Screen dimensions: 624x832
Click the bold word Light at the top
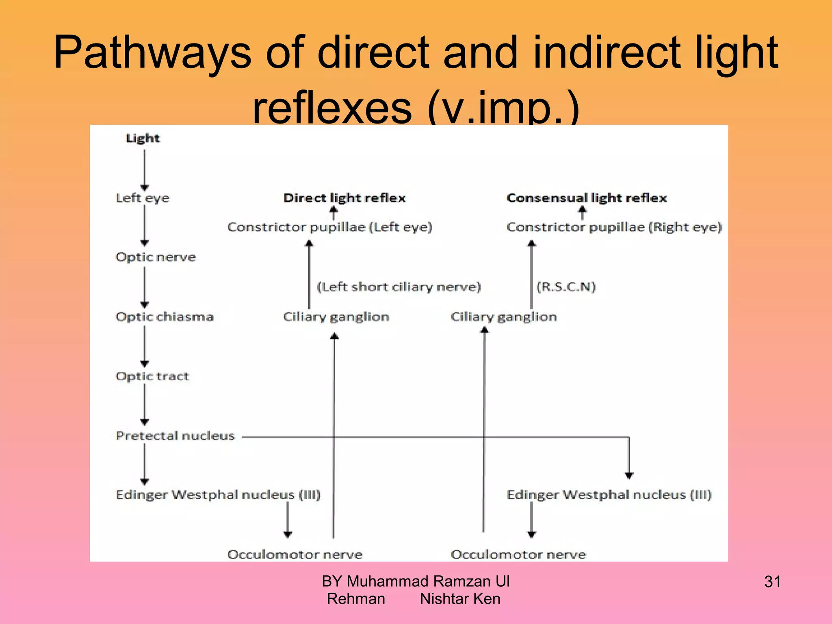pos(143,138)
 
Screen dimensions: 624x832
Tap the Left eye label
pos(143,198)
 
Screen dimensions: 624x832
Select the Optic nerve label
pos(156,257)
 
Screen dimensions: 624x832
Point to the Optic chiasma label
pos(165,316)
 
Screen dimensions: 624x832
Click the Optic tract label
pos(152,376)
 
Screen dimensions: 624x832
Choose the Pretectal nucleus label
pos(175,436)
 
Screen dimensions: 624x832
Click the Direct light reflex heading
pos(344,198)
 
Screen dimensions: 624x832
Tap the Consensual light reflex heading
pos(587,198)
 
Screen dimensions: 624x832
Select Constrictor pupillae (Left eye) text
pos(329,227)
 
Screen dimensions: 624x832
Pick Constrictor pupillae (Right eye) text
pos(614,227)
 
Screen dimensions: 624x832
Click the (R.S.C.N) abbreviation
pos(566,286)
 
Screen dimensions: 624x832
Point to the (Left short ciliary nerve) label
pos(399,286)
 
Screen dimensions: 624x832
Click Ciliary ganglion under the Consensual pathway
pos(504,316)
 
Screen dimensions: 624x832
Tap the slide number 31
pos(772,582)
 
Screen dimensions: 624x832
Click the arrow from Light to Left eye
pos(145,169)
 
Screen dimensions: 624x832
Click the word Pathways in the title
pos(152,53)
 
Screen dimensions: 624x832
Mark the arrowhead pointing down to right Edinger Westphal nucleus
pos(629,475)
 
